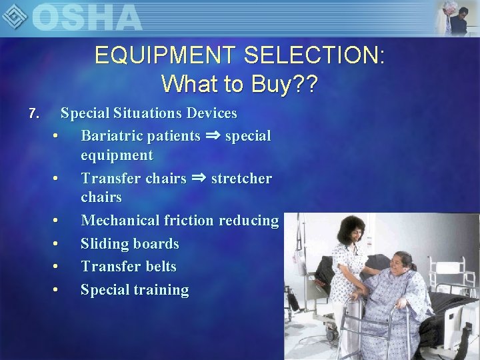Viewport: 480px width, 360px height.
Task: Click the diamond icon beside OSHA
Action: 15,15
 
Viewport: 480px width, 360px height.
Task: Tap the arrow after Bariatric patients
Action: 213,136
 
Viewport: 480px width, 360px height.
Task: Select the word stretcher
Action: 241,179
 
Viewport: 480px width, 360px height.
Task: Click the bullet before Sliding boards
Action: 56,244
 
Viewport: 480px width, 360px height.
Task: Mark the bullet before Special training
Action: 56,290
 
